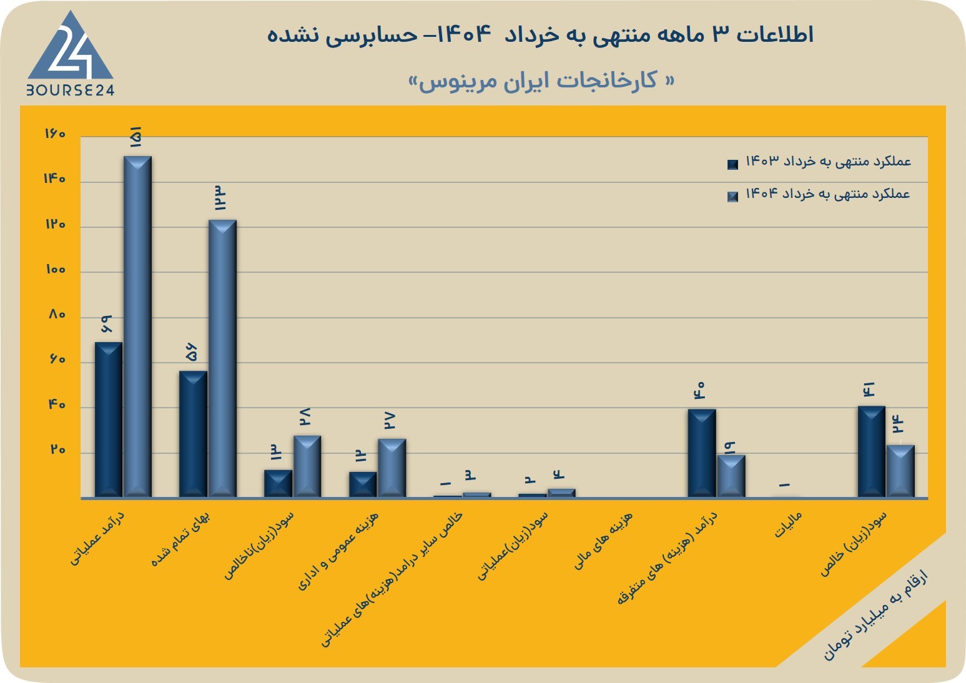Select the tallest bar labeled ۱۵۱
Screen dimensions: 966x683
coord(137,327)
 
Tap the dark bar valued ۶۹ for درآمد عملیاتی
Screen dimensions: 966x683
coord(108,420)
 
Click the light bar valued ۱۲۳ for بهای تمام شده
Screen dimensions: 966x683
coord(222,358)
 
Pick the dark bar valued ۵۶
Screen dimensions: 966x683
coord(193,434)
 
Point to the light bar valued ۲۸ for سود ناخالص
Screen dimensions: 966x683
coord(307,466)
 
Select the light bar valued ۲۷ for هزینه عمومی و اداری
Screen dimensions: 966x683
coord(392,468)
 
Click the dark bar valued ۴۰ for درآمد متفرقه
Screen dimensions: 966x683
coord(702,453)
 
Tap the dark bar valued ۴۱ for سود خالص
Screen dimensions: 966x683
coord(872,451)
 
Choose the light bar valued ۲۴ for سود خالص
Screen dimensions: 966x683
coord(900,471)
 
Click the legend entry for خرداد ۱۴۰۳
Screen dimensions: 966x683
coord(819,162)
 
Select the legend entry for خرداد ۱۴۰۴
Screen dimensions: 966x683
coord(819,194)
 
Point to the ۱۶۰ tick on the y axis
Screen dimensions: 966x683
coord(55,134)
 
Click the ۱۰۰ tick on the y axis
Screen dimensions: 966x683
coord(55,270)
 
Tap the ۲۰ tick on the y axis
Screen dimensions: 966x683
coord(58,450)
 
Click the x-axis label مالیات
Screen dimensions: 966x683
coord(789,524)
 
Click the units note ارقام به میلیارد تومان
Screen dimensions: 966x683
coord(876,621)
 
